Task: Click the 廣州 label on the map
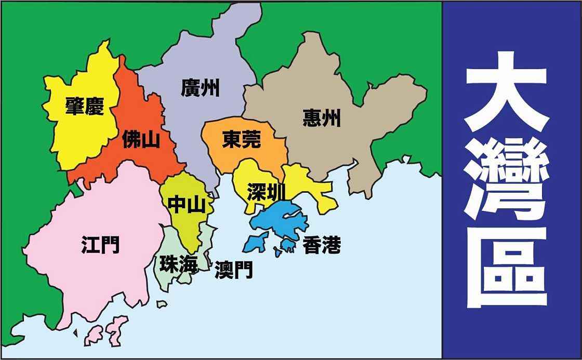[200, 88]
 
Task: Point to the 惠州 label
[322, 118]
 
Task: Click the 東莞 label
[241, 139]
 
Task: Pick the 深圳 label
[266, 192]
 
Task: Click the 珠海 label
[178, 264]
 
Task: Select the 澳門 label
[234, 269]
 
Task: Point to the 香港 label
[322, 245]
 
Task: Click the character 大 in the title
[506, 98]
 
